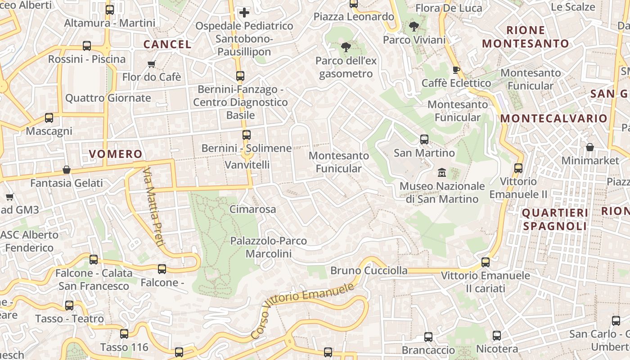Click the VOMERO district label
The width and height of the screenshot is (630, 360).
point(116,154)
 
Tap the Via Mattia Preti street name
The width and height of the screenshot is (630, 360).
point(153,207)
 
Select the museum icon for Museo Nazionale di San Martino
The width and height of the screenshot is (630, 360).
point(441,172)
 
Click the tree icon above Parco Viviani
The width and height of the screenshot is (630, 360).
point(414,27)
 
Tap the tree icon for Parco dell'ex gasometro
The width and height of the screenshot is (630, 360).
point(346,47)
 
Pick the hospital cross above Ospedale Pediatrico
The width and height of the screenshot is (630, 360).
point(244,13)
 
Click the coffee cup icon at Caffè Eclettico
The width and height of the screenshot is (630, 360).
point(456,70)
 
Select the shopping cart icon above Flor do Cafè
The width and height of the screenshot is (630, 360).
point(151,64)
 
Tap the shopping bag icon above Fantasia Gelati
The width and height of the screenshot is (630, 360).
point(67,170)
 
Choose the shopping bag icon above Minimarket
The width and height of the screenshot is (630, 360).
point(589,147)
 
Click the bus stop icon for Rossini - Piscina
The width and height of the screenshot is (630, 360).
point(87,46)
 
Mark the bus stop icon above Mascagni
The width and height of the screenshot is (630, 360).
point(49,118)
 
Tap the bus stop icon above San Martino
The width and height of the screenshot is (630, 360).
point(424,139)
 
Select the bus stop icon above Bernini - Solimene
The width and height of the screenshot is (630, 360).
point(246,135)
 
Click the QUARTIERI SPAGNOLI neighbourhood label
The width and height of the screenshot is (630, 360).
point(555,219)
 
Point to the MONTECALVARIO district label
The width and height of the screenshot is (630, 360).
point(554,119)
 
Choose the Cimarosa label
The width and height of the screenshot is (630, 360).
point(252,209)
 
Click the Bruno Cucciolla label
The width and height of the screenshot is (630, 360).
point(369,270)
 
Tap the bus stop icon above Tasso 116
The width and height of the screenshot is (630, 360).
point(124,334)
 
